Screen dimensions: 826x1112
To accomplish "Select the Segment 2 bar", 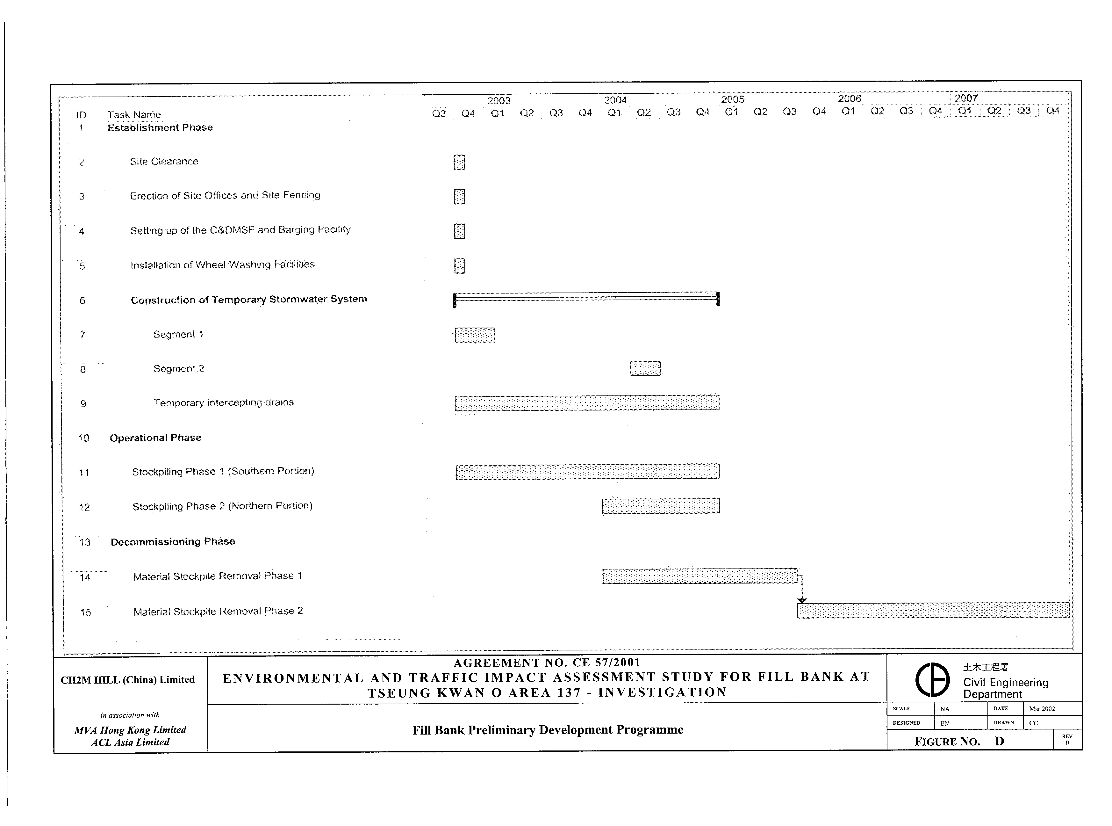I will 645,368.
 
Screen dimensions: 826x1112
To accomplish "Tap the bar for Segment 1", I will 475,335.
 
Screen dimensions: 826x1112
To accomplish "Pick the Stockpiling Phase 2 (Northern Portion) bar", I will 661,506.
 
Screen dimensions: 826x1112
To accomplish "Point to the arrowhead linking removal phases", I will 802,600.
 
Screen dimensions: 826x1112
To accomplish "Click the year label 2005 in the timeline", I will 732,99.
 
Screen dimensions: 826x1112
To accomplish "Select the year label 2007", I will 965,98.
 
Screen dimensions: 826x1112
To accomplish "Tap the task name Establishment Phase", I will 160,127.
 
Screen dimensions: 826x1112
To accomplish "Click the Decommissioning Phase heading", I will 172,541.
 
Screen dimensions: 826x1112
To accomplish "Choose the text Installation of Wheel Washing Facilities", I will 222,264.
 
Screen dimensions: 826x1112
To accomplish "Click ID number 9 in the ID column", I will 83,403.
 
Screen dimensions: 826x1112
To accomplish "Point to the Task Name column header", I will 134,114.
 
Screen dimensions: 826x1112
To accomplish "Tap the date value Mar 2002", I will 1042,708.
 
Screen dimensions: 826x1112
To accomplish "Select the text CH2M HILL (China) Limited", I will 127,679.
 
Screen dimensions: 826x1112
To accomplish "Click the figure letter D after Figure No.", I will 999,741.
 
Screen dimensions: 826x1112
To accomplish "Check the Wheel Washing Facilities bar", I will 459,265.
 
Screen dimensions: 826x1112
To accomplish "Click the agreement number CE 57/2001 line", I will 547,663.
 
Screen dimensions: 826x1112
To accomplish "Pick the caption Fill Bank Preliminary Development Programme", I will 547,730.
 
